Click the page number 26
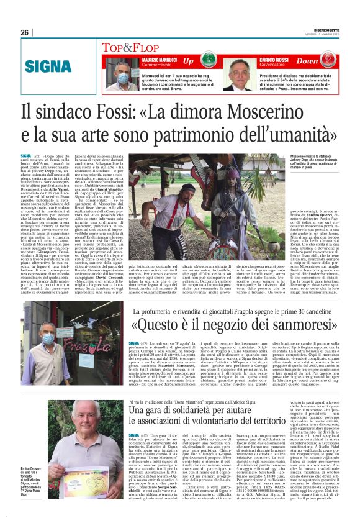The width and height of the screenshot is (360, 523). coord(24,33)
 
